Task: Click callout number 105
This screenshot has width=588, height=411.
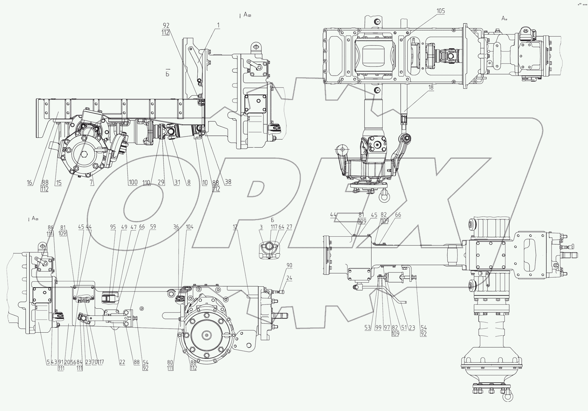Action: [x=440, y=11]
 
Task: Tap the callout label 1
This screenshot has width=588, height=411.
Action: [x=218, y=25]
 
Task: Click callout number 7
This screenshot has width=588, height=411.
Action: [x=92, y=183]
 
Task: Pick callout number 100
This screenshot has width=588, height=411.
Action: [x=133, y=183]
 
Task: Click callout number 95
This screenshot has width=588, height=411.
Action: [x=113, y=227]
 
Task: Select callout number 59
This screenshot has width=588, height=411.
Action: [x=153, y=227]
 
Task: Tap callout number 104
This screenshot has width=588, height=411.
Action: [x=189, y=227]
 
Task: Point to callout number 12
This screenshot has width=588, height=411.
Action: [x=235, y=227]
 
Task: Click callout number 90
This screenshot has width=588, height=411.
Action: [x=289, y=266]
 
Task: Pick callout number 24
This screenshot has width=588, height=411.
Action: [x=289, y=278]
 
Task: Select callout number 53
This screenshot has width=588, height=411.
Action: [x=367, y=327]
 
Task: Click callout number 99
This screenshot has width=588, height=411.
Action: [x=378, y=327]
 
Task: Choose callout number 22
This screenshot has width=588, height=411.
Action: [x=122, y=362]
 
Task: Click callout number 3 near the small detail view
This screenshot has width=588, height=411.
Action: [x=261, y=227]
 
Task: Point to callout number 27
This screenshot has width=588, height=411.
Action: [x=289, y=227]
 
